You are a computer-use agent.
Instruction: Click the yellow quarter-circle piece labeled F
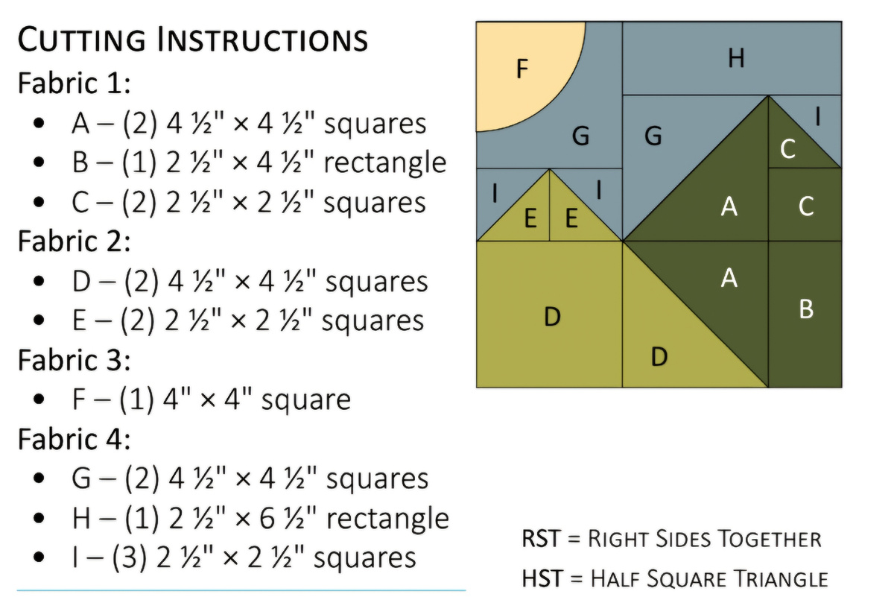coord(519,68)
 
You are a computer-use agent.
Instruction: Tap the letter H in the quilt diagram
coord(736,58)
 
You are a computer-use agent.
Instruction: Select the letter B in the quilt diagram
coord(806,309)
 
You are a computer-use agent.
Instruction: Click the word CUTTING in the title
coord(82,40)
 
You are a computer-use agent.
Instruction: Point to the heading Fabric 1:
coord(74,83)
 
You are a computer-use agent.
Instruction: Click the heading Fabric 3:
coord(74,360)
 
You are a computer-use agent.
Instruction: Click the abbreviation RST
coord(541,538)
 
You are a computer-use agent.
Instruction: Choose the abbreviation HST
coord(542,578)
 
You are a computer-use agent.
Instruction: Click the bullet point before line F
coord(39,399)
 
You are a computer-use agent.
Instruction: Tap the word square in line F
coord(306,400)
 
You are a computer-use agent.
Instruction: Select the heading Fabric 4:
coord(74,439)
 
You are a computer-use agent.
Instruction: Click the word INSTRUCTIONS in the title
coord(262,40)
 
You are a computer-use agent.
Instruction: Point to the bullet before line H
coord(39,518)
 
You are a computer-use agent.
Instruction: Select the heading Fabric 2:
coord(74,241)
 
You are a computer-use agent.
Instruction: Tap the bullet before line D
coord(39,281)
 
